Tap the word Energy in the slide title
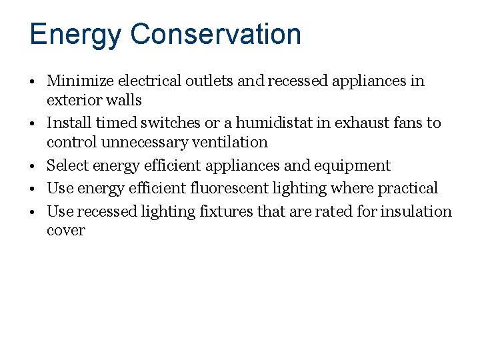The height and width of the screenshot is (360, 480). pos(75,35)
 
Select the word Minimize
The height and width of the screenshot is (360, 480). pos(80,81)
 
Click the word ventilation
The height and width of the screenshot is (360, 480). pos(227,143)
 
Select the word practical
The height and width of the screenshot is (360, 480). pos(408,189)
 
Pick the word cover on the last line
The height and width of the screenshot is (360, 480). pos(66,231)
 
